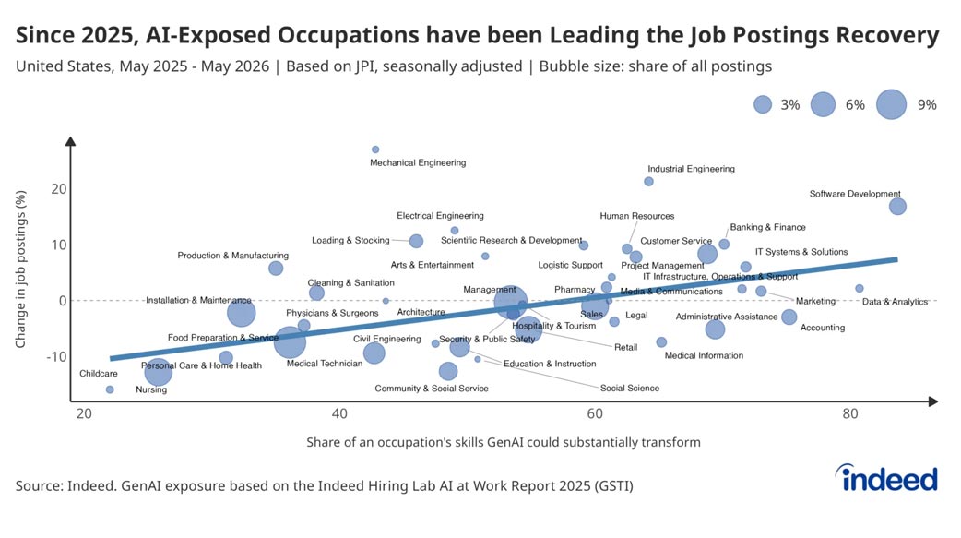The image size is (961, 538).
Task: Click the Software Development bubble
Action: pyautogui.click(x=897, y=206)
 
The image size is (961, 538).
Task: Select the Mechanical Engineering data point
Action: pyautogui.click(x=375, y=149)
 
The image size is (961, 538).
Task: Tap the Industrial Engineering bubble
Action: pyautogui.click(x=648, y=182)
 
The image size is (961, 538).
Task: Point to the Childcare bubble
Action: pyautogui.click(x=110, y=389)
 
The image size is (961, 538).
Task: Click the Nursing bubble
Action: pyautogui.click(x=158, y=372)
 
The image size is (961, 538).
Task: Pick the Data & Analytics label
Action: pyautogui.click(x=895, y=302)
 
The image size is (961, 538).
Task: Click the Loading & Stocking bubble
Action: pyautogui.click(x=416, y=241)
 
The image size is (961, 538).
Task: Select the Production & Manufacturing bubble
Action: pyautogui.click(x=276, y=269)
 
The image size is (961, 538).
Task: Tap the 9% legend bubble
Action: pyautogui.click(x=891, y=104)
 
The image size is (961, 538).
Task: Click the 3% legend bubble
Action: pyautogui.click(x=763, y=104)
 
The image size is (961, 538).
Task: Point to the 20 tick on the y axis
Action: pyautogui.click(x=59, y=189)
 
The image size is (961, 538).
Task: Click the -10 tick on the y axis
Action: pyautogui.click(x=56, y=356)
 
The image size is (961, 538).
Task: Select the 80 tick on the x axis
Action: pyautogui.click(x=850, y=413)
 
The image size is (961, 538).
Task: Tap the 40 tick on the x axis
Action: pyautogui.click(x=339, y=413)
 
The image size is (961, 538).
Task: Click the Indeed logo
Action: pyautogui.click(x=886, y=477)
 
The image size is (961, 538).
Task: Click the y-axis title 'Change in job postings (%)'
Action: pyautogui.click(x=21, y=269)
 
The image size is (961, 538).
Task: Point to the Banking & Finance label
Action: pyautogui.click(x=767, y=227)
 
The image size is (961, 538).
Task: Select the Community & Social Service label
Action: pyautogui.click(x=432, y=389)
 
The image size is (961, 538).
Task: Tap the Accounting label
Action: pyautogui.click(x=823, y=328)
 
